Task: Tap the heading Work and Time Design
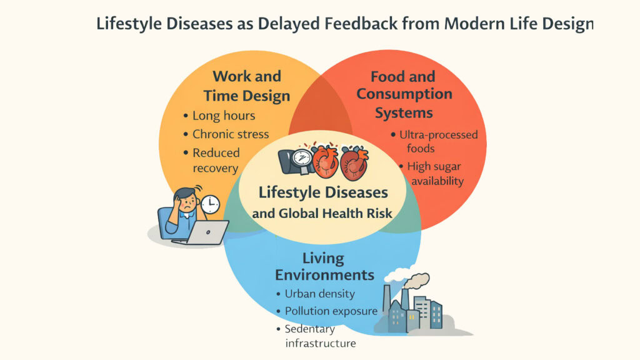(x=247, y=86)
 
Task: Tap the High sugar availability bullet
(x=436, y=174)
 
